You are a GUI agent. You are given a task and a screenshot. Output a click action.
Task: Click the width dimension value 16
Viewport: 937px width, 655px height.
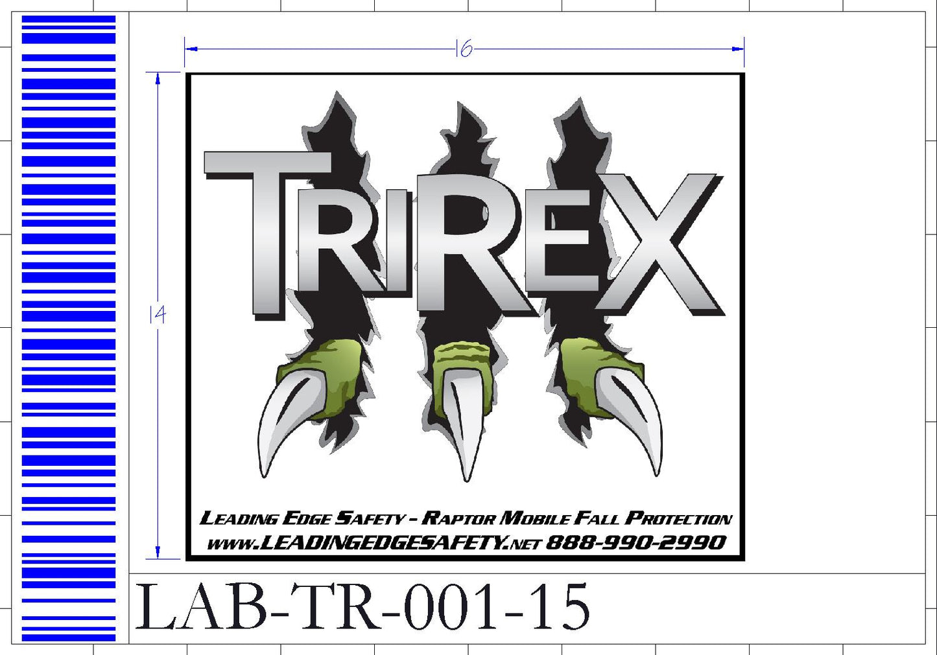click(x=464, y=49)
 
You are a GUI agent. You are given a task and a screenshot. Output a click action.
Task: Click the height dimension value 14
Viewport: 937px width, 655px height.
click(x=158, y=314)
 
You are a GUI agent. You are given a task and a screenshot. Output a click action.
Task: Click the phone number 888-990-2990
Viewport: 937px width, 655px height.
click(x=636, y=543)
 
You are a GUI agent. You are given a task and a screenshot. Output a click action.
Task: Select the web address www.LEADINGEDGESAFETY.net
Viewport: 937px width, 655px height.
click(x=374, y=544)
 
